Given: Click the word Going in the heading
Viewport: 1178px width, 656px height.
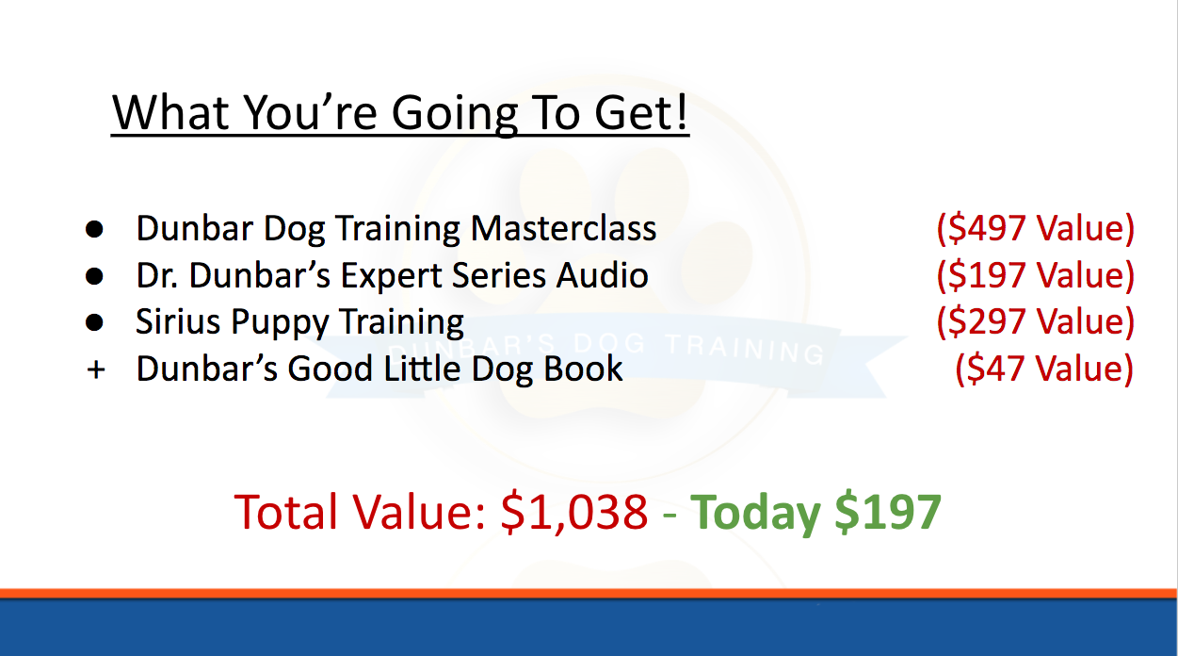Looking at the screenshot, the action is (x=455, y=113).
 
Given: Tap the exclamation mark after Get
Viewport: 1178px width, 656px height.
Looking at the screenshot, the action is (x=682, y=111).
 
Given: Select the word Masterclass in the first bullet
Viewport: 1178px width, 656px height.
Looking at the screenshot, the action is (x=563, y=228).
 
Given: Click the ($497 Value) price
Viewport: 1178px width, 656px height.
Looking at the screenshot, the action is (x=1036, y=228).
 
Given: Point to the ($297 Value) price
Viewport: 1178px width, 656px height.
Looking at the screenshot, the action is (x=1036, y=321).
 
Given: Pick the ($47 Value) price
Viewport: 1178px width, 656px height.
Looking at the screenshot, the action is (x=1044, y=369).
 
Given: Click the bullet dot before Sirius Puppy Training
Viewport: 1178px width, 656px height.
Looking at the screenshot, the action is (x=94, y=322).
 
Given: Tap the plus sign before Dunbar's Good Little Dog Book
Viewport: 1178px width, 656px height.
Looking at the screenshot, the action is (x=96, y=369).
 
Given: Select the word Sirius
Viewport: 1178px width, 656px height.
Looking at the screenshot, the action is (x=178, y=321).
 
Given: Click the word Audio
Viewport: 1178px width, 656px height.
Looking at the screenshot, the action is (x=602, y=275).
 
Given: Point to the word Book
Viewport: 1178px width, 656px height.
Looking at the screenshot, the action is (x=583, y=369).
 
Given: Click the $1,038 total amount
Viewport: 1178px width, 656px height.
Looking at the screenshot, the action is (x=573, y=512).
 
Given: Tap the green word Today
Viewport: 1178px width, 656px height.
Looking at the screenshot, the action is (x=755, y=513).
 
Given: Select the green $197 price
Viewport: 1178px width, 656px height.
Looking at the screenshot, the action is (x=888, y=511).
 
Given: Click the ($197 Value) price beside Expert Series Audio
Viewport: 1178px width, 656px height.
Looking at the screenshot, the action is (x=1036, y=275).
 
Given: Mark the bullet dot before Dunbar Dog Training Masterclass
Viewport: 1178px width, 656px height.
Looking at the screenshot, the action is (x=94, y=229).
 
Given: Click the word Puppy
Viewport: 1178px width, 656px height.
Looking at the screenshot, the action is (x=280, y=322).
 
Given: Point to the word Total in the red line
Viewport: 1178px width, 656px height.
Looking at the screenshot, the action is (x=285, y=512).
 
